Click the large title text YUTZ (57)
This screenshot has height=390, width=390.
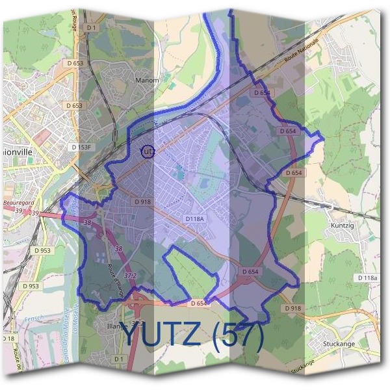[x=193, y=335]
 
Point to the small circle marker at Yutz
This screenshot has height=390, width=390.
[x=147, y=151]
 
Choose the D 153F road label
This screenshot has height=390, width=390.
[x=81, y=148]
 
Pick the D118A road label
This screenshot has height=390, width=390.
[x=194, y=219]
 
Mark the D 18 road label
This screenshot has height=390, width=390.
[x=7, y=339]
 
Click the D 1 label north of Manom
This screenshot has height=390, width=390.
[x=91, y=27]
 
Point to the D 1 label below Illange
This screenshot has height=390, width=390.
[x=118, y=358]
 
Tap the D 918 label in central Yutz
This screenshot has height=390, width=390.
[x=143, y=202]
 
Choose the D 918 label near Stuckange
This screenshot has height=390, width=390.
[x=292, y=307]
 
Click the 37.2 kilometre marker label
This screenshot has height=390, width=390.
[x=130, y=276]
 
